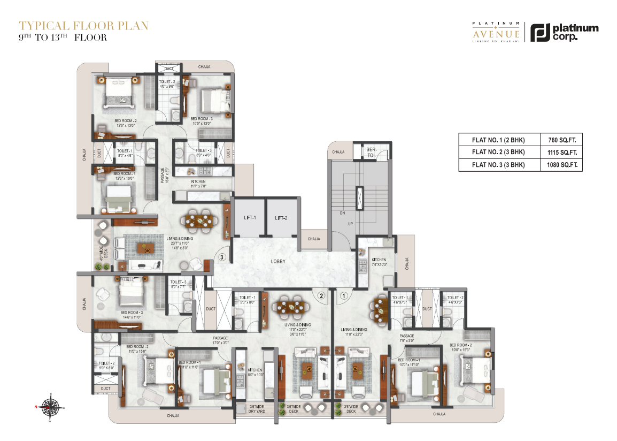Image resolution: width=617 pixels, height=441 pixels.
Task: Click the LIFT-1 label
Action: pos(248,218)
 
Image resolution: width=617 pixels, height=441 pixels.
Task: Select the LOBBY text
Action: pos(277,262)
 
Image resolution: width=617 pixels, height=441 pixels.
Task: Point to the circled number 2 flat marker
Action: pos(321,295)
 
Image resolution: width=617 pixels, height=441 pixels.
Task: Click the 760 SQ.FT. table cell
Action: pos(561,140)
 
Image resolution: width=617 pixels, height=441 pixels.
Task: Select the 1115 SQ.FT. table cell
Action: pos(561,153)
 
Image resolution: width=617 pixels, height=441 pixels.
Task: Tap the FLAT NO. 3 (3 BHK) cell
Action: pos(499,165)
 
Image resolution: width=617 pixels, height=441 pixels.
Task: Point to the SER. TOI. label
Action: pos(371,152)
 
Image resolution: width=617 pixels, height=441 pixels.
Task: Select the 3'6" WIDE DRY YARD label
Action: pos(257,409)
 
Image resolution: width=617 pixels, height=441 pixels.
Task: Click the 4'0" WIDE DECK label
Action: pos(103,251)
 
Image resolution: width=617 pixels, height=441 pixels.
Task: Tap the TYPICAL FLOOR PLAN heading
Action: pos(83,25)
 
